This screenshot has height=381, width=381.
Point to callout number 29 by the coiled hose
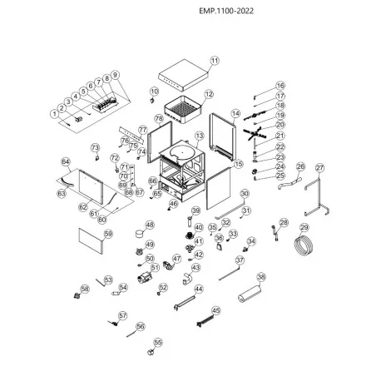pos(304,227)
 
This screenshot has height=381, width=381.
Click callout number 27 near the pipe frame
pos(320,168)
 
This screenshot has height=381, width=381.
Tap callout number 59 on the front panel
pos(107,235)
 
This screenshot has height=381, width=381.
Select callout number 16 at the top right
pos(280,86)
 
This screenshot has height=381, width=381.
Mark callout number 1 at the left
pos(54,112)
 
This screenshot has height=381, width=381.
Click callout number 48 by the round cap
pos(150,225)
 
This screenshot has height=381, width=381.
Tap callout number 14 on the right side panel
pos(235,113)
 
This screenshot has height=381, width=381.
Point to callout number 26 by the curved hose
pos(300,166)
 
